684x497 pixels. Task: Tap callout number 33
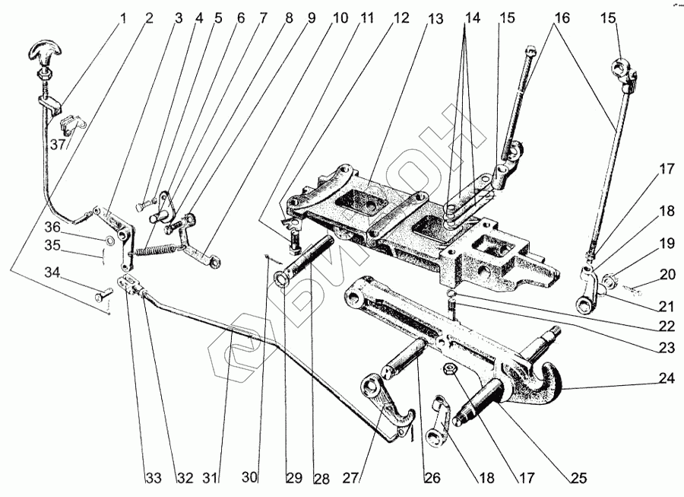click(x=154, y=479)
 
